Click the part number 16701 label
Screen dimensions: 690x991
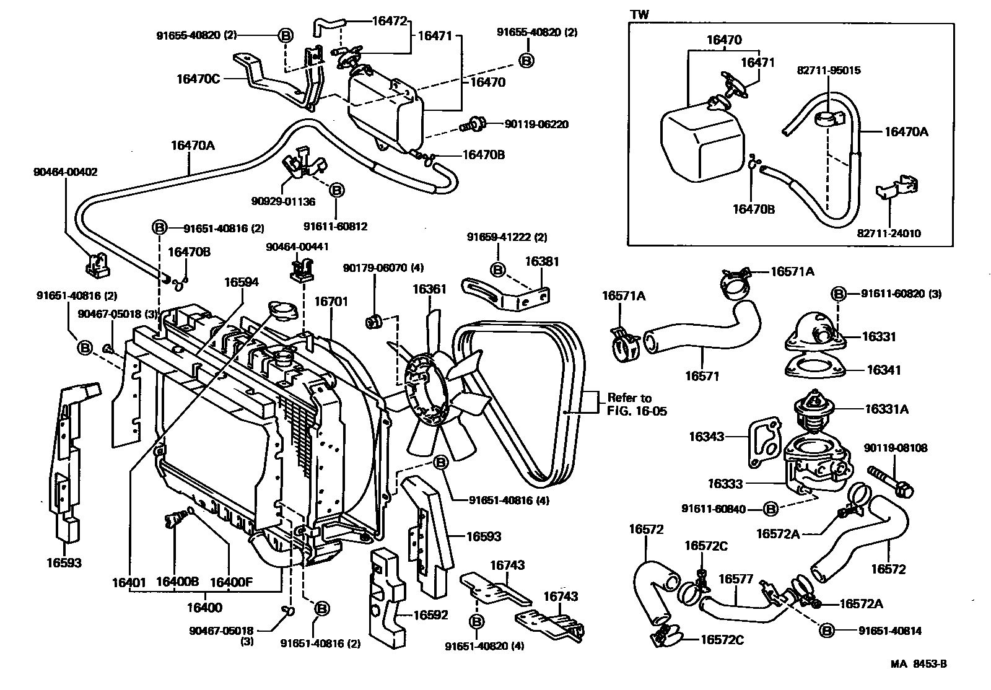[331, 302]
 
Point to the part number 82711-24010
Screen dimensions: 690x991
[889, 233]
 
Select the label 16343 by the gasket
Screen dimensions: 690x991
[706, 437]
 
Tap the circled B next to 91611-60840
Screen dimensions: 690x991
[771, 509]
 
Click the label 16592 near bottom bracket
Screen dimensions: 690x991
[430, 615]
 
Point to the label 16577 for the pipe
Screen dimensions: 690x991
[735, 579]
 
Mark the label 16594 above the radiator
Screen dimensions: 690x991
[241, 282]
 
